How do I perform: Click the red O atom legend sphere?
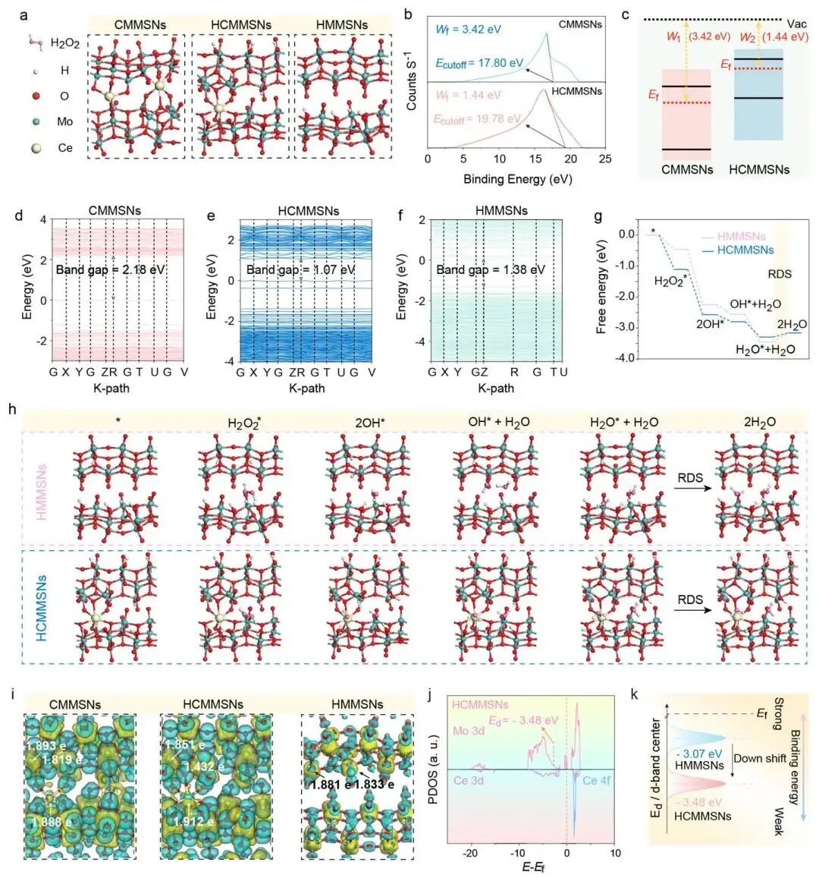point(37,96)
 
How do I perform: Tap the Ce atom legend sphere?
point(37,148)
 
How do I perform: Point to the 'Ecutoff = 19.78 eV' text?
point(478,119)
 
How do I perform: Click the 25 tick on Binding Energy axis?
point(604,159)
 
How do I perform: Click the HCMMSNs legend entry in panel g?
point(739,250)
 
